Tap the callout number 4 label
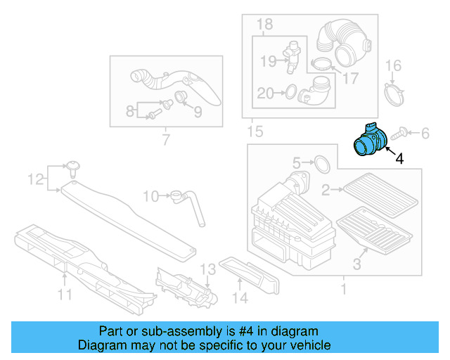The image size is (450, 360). click(x=399, y=159)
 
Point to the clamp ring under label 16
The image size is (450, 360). click(x=395, y=94)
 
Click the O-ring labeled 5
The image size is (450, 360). click(x=320, y=164)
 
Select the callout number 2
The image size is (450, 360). click(x=326, y=189)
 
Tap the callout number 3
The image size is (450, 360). click(x=356, y=264)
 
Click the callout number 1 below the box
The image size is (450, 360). click(x=343, y=289)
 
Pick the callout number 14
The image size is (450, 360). click(x=240, y=299)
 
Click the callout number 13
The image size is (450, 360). click(x=207, y=269)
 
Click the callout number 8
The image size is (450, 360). click(x=130, y=110)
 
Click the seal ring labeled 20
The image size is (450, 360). click(x=288, y=91)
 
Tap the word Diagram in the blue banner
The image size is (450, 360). click(x=103, y=345)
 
